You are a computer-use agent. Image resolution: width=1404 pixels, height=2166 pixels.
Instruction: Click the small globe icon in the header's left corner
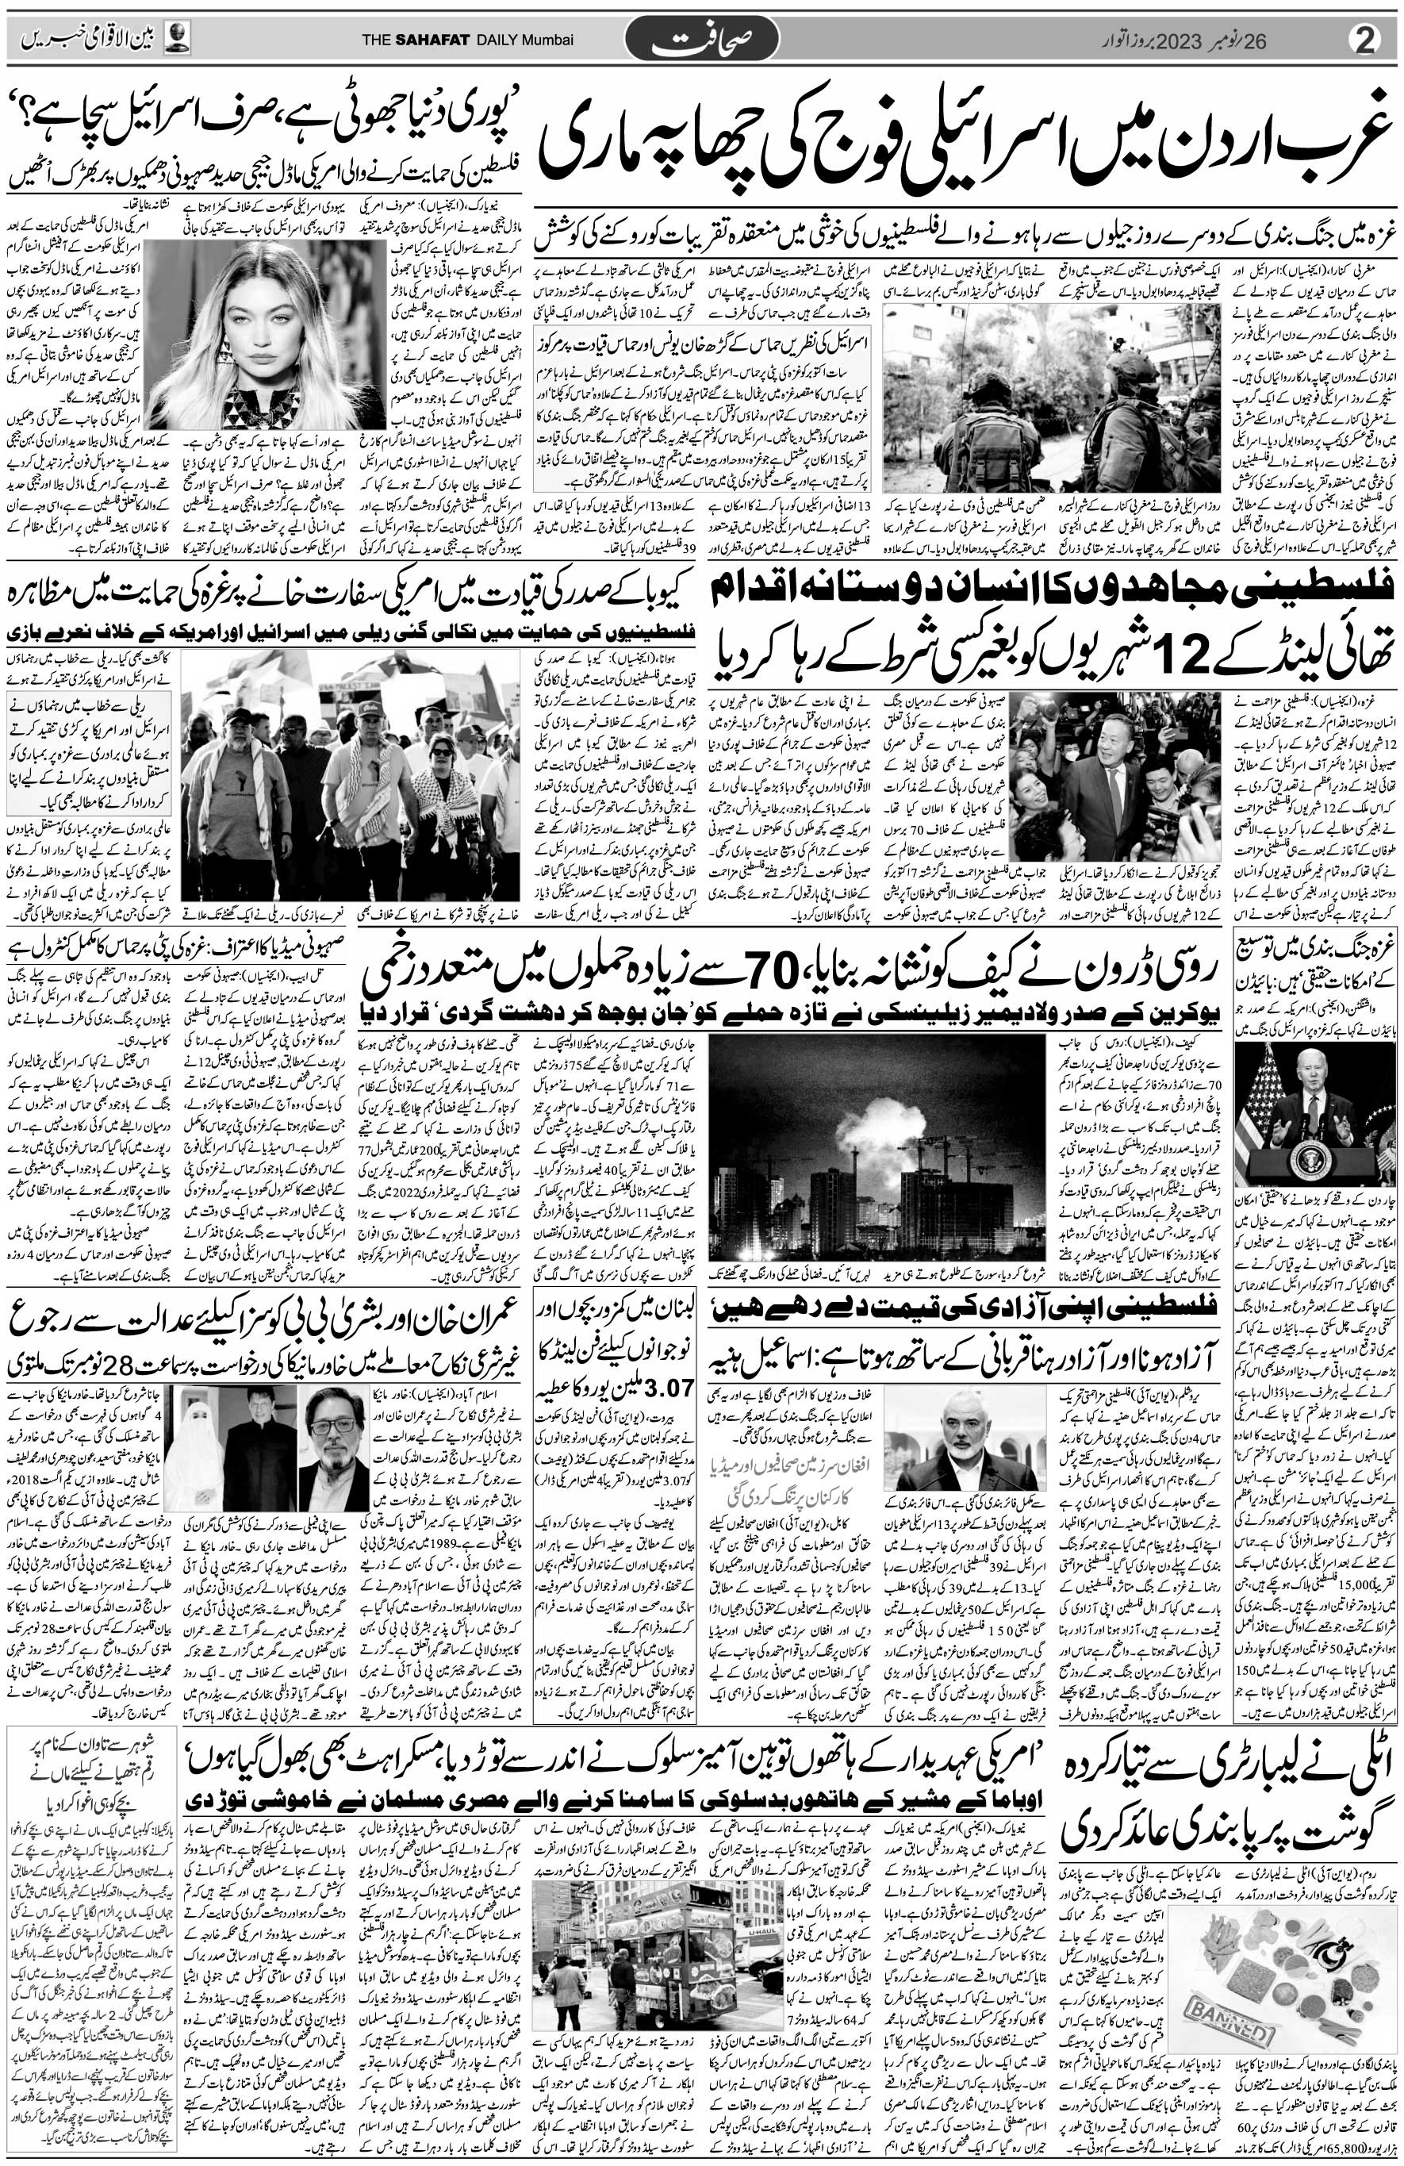[179, 39]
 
